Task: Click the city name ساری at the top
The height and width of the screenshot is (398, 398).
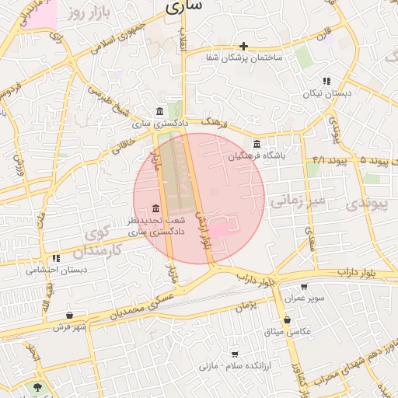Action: [x=183, y=6]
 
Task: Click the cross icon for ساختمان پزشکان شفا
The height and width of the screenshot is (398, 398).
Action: [x=244, y=47]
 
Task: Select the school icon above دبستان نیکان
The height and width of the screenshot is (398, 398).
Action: [x=327, y=81]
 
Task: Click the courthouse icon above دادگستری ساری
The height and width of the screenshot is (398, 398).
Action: [x=159, y=111]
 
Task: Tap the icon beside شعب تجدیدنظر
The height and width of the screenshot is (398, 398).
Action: [x=156, y=209]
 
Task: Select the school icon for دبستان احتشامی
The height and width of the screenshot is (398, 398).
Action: [x=56, y=258]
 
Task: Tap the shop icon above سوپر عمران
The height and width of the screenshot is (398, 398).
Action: [x=319, y=286]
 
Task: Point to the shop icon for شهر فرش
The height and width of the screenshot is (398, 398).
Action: [x=71, y=316]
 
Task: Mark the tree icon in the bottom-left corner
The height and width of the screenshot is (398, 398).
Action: [x=38, y=386]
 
